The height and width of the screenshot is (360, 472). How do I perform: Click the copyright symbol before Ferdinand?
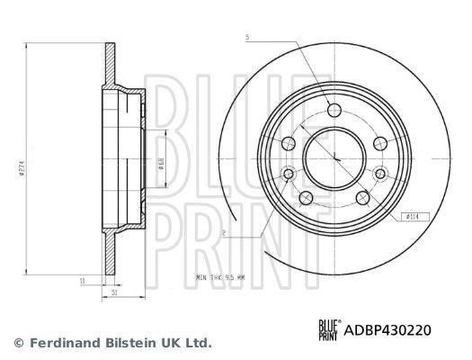tap(17, 343)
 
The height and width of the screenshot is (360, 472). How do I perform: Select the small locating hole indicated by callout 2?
tap(289, 173)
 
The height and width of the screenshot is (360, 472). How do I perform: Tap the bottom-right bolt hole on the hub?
tap(362, 198)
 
